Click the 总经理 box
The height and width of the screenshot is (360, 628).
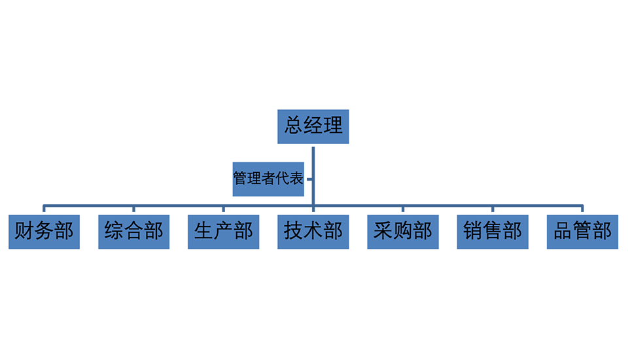tap(313, 126)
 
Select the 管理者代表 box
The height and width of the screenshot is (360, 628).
tap(268, 178)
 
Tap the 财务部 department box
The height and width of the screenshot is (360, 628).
tap(44, 231)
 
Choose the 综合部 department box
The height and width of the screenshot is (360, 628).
tap(133, 231)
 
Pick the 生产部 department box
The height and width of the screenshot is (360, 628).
tap(223, 231)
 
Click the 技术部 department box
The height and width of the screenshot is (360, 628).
tap(313, 231)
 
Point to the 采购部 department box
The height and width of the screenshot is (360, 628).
tap(403, 231)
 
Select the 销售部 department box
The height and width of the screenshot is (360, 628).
tap(493, 231)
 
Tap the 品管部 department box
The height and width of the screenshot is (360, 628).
tap(582, 231)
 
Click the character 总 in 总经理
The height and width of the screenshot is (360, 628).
tap(294, 125)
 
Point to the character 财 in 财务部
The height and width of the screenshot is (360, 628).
tap(24, 231)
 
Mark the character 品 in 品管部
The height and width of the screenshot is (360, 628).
tap(563, 231)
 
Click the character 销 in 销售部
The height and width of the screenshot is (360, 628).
tap(473, 231)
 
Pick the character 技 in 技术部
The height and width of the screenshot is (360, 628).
tap(294, 231)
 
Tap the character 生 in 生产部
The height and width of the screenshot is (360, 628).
tap(203, 231)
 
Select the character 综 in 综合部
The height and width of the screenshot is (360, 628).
tap(114, 231)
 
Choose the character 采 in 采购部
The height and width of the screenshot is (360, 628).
tap(383, 231)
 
